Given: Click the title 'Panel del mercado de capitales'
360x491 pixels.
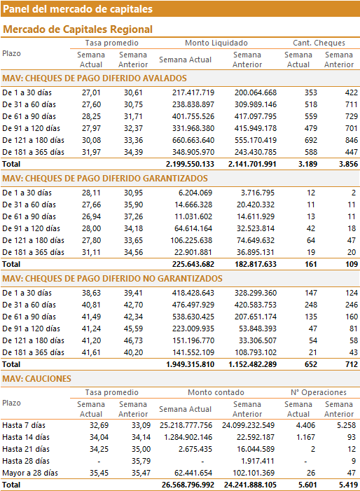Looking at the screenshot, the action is click(78, 9).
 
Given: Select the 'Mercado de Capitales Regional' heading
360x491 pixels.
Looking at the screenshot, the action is click(78, 29).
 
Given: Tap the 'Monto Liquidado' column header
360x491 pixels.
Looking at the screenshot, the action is click(216, 43).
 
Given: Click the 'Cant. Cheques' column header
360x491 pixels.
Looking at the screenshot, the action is click(319, 43).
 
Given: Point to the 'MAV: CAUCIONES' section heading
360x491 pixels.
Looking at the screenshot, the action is click(36, 379).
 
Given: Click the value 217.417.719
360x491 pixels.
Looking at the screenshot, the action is click(193, 92).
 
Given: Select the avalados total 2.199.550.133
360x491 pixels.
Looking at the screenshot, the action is click(190, 164).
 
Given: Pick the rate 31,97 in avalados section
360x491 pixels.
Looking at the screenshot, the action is click(92, 152).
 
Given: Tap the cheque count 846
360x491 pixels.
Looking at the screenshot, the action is click(351, 140).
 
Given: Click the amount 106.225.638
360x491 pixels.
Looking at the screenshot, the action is click(191, 240).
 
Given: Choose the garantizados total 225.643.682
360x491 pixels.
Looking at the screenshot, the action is click(193, 264).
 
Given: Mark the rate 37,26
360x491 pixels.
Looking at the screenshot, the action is click(133, 216).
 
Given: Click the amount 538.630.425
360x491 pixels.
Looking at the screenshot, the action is click(193, 317).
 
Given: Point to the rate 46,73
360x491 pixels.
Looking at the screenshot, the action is click(133, 340).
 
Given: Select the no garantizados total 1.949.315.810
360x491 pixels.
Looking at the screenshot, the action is click(190, 364).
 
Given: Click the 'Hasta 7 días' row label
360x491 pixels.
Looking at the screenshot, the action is click(24, 425).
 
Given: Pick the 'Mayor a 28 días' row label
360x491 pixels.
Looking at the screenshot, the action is click(30, 473).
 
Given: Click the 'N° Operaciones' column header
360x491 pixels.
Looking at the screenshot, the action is click(319, 392).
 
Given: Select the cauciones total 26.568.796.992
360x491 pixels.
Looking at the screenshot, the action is click(188, 485).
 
